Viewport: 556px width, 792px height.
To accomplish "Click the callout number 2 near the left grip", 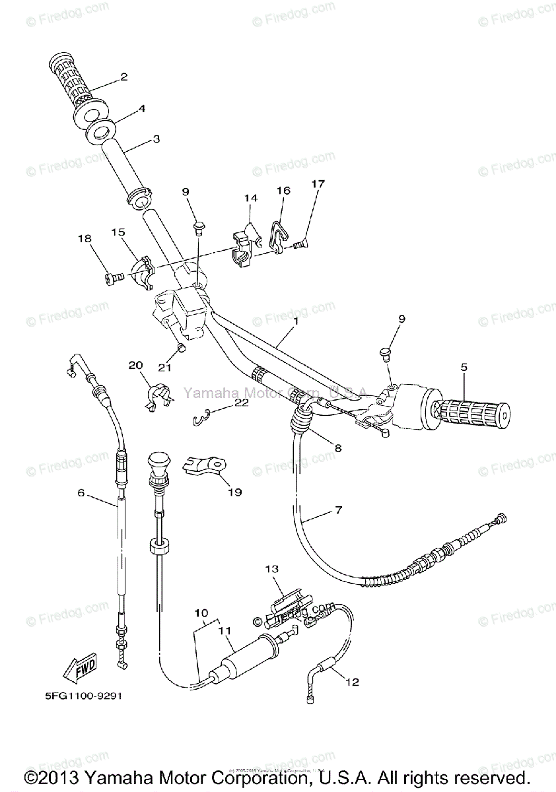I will (x=123, y=77).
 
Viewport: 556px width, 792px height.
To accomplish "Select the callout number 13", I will (x=273, y=568).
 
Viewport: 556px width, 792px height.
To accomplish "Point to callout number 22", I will (x=241, y=404).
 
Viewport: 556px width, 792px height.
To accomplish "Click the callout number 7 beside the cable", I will (x=338, y=510).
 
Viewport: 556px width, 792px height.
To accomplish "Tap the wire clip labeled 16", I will (x=279, y=238).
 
